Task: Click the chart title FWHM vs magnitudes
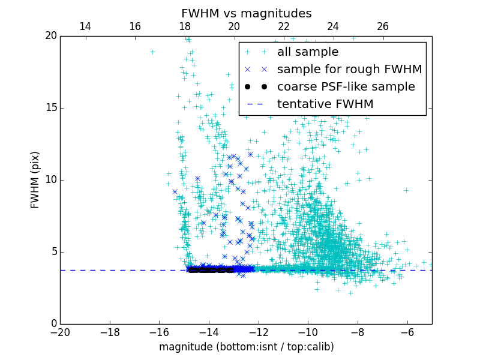tap(246, 13)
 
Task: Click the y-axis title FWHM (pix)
tap(35, 179)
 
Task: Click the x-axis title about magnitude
tap(246, 347)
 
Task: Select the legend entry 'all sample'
tap(307, 52)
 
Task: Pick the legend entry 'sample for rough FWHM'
tap(349, 70)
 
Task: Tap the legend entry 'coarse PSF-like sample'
tap(346, 87)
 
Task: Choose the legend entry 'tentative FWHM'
tap(325, 104)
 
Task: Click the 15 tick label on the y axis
tap(50, 108)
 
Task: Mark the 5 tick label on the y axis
tap(53, 252)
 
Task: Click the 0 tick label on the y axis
tap(53, 324)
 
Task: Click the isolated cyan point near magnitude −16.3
tap(152, 52)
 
